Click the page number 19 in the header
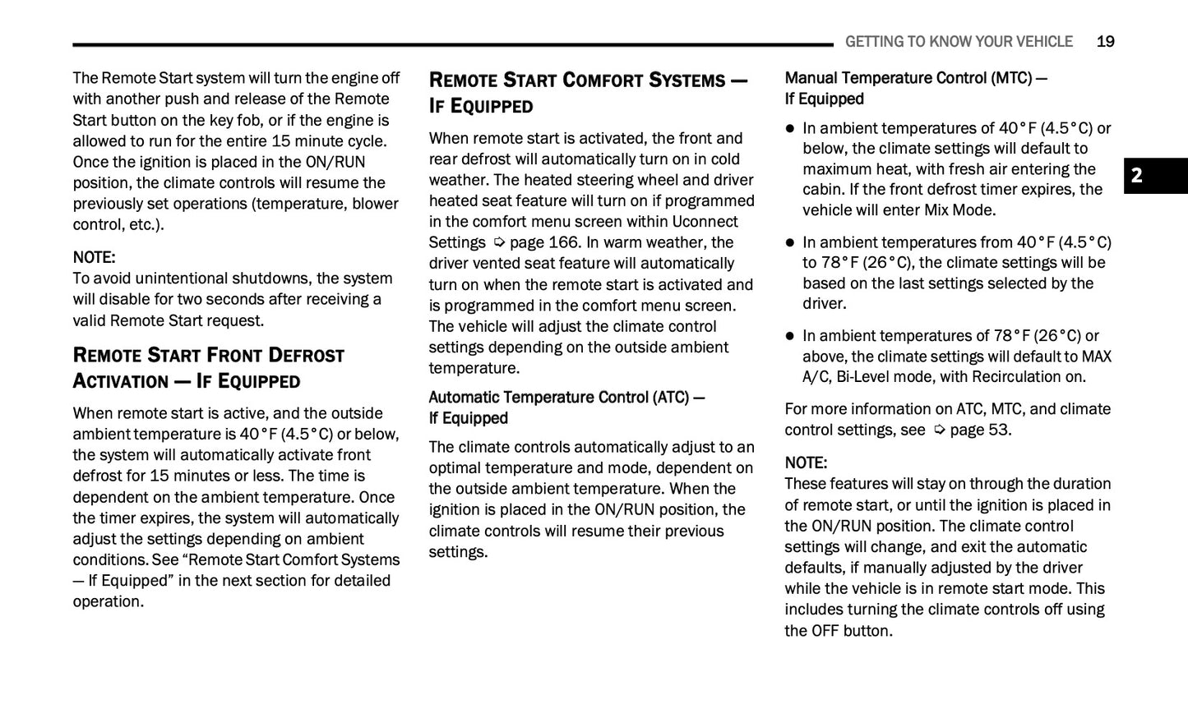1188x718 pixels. tap(1105, 42)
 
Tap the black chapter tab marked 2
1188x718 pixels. tap(1155, 175)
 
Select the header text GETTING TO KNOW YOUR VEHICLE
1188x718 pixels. tap(959, 42)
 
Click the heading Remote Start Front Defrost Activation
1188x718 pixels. tap(209, 367)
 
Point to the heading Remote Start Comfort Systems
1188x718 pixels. tap(588, 92)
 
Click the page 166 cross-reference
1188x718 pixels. tap(545, 242)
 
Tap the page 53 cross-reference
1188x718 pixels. tap(980, 430)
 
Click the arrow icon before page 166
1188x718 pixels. tap(498, 242)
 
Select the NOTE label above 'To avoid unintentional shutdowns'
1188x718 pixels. tap(94, 257)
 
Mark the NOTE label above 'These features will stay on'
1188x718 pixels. tap(806, 463)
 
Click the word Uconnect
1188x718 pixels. tap(705, 222)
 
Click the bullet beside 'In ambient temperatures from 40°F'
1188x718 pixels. tap(790, 242)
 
